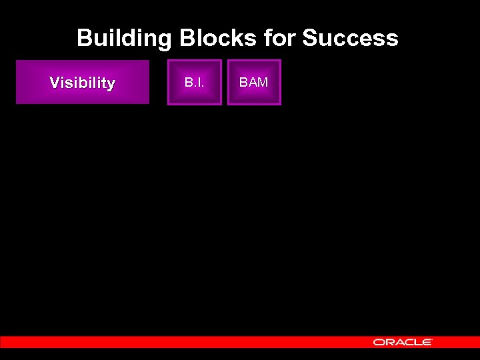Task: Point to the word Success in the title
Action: [350, 38]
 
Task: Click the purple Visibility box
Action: [83, 83]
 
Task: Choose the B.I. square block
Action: [194, 83]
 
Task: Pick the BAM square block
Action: [254, 83]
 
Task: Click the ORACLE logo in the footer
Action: [403, 342]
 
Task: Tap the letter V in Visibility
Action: [55, 83]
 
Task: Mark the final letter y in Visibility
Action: [111, 85]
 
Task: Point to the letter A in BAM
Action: [253, 83]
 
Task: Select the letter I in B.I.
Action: [199, 83]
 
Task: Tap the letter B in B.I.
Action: [189, 83]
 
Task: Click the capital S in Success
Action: [310, 38]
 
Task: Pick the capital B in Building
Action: [85, 38]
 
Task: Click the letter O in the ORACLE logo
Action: [378, 342]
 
